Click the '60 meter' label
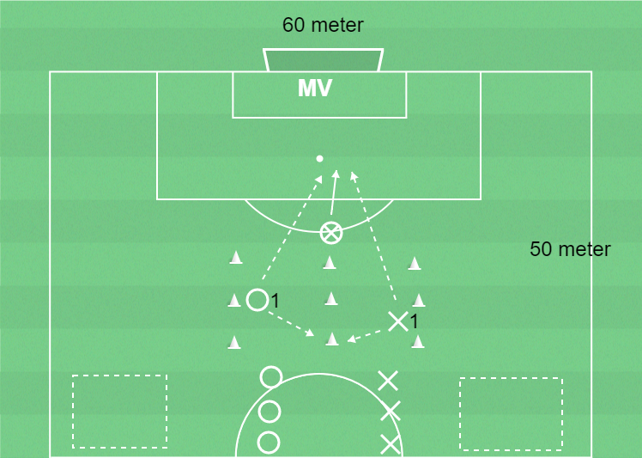(x=323, y=25)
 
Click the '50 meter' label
(x=570, y=249)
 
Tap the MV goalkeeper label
(x=314, y=88)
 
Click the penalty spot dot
(x=320, y=159)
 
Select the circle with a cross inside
(x=330, y=233)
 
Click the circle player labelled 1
(x=257, y=300)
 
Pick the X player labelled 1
(x=398, y=321)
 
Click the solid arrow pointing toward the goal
(x=334, y=192)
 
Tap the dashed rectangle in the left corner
(x=119, y=412)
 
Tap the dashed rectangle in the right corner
(x=511, y=413)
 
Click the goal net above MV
(x=323, y=60)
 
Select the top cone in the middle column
(x=330, y=262)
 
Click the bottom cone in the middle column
(x=331, y=339)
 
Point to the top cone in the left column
(x=236, y=258)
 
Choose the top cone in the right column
(x=415, y=263)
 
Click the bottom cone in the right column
(x=418, y=341)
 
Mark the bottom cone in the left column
(x=234, y=342)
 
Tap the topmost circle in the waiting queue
(x=271, y=377)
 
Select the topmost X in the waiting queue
(x=388, y=381)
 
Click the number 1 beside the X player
(x=414, y=322)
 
